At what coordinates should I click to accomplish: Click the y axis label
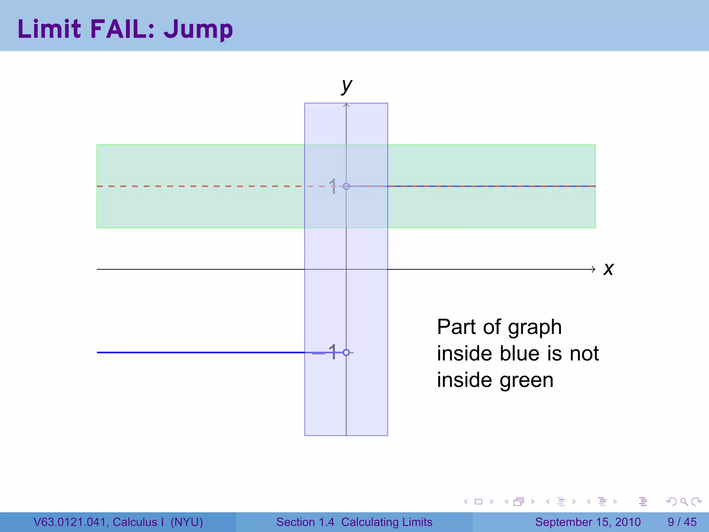[x=347, y=86]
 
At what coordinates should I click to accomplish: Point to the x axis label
[x=608, y=269]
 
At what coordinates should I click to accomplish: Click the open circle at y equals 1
[x=346, y=186]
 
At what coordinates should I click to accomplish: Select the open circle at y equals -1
[x=346, y=353]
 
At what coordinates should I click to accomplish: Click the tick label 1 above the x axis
[x=332, y=186]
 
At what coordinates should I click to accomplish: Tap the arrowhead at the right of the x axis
[x=593, y=269]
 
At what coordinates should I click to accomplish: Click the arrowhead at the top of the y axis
[x=346, y=105]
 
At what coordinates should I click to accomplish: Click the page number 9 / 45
[x=682, y=522]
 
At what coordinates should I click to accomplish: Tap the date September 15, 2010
[x=588, y=522]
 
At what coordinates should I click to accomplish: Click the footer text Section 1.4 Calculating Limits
[x=354, y=522]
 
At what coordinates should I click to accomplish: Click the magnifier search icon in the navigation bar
[x=684, y=502]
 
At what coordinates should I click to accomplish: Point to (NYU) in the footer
[x=187, y=522]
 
